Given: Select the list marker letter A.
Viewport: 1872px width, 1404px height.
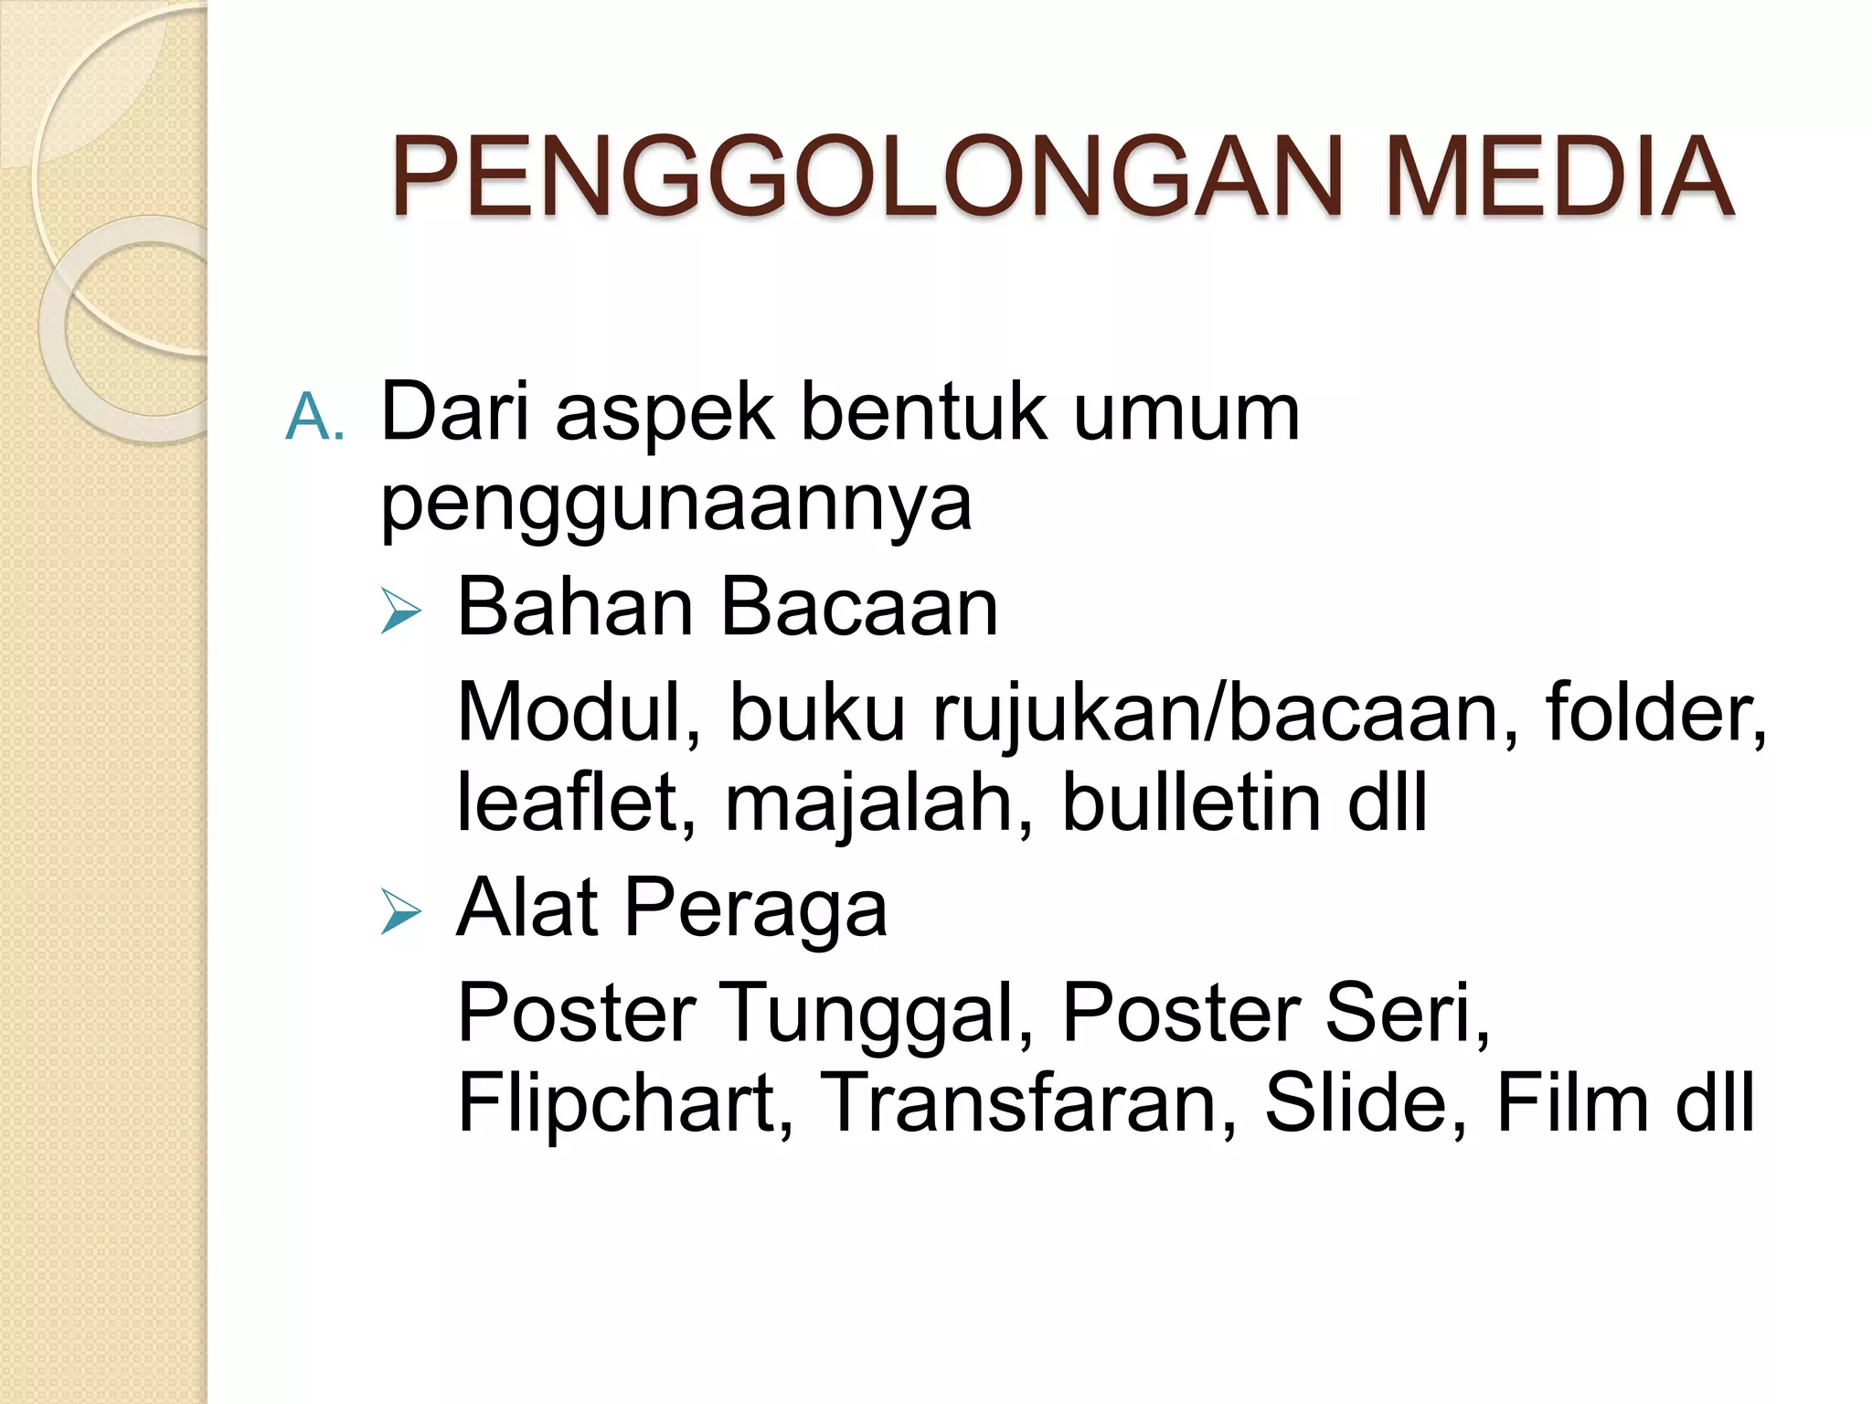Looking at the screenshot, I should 314,417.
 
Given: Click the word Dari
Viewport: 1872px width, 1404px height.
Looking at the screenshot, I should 454,413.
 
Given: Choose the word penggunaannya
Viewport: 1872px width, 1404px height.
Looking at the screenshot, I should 676,505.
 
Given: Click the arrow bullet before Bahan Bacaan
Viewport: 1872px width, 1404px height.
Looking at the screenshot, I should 400,611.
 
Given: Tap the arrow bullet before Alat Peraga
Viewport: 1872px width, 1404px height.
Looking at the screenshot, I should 400,911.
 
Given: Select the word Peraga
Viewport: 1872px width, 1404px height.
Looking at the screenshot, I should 755,911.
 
